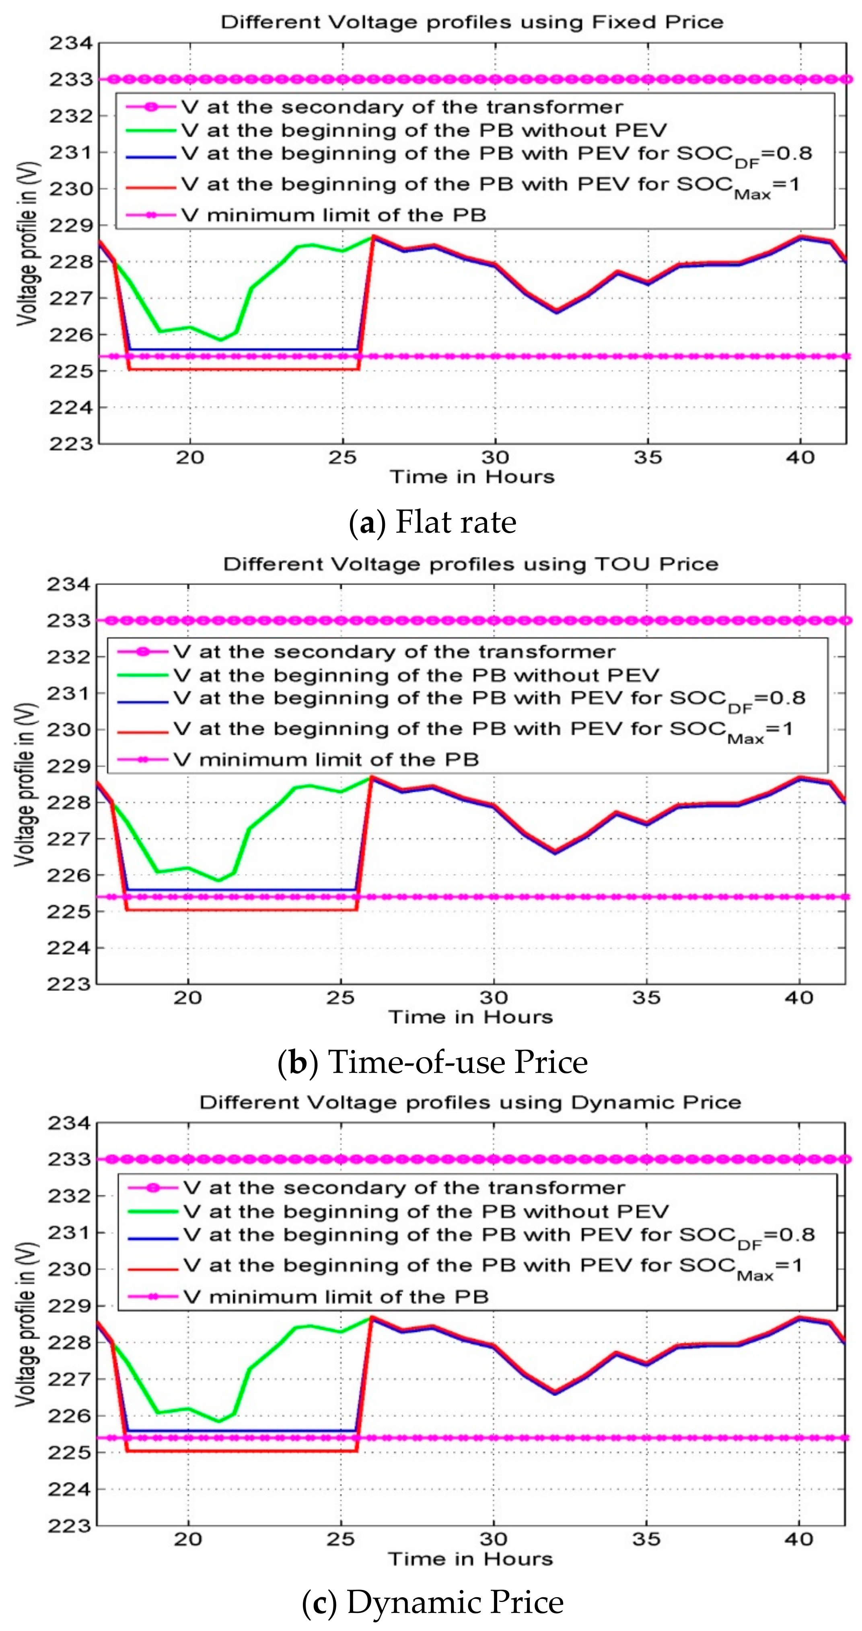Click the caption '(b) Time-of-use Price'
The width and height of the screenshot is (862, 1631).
[432, 1062]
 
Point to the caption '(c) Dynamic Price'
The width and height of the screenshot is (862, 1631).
[432, 1602]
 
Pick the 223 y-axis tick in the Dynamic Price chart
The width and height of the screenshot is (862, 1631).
[69, 1525]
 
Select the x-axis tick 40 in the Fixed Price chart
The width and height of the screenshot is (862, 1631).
[800, 457]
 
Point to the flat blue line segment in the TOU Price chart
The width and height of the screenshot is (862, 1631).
[241, 889]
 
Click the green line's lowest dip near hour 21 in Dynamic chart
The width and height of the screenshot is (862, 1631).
[219, 1421]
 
